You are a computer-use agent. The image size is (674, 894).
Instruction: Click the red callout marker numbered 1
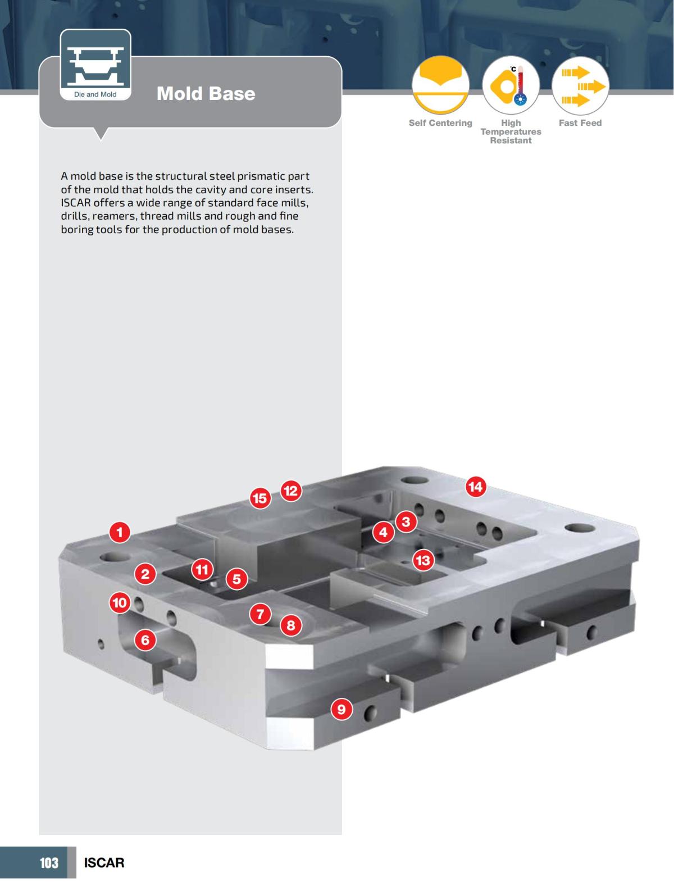click(x=120, y=532)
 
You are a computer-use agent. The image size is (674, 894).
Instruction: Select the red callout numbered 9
click(x=341, y=710)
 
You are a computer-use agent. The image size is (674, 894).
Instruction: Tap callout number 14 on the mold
click(x=475, y=487)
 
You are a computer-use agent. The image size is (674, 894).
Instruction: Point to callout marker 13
click(x=422, y=560)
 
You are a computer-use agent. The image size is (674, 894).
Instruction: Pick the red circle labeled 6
click(x=145, y=639)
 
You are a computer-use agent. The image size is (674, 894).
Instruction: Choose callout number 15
click(x=259, y=498)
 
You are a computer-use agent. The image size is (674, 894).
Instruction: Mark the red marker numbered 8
click(x=290, y=625)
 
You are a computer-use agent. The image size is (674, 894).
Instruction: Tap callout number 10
click(x=120, y=603)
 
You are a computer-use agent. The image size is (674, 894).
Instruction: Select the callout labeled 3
click(x=406, y=521)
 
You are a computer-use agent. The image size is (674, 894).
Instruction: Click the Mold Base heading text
click(x=206, y=93)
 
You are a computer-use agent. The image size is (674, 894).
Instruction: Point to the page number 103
click(x=49, y=863)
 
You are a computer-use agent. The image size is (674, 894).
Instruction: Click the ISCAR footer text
click(x=104, y=863)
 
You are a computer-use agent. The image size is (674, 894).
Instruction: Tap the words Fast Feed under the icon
click(x=580, y=123)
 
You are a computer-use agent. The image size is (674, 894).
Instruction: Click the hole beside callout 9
click(x=369, y=713)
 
